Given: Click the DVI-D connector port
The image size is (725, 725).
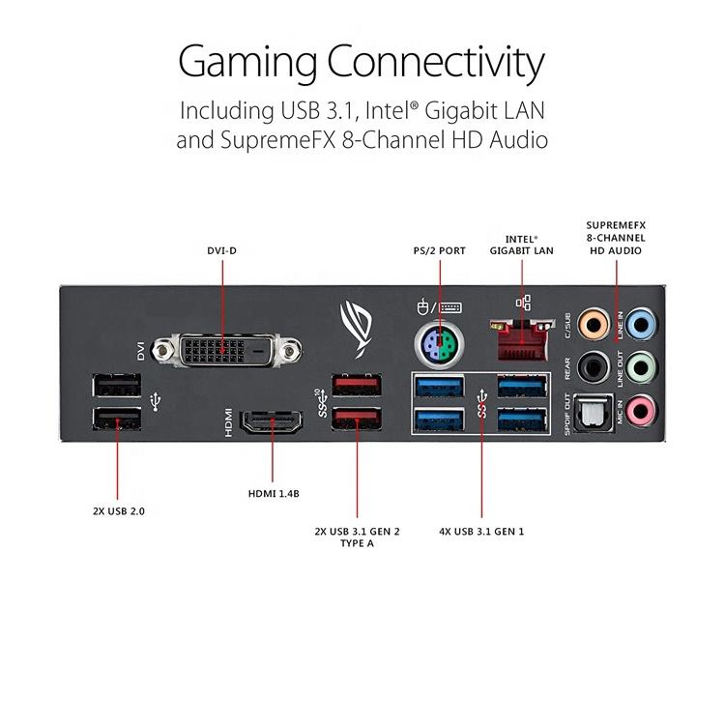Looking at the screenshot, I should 224,350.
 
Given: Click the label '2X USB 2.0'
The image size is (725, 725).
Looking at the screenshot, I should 118,509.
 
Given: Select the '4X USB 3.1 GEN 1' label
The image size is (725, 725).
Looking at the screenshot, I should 481,531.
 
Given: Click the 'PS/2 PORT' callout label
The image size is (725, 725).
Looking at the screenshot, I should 440,250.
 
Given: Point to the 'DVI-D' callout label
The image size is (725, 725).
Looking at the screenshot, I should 222,250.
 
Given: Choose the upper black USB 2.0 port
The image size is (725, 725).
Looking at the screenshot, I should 117,386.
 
